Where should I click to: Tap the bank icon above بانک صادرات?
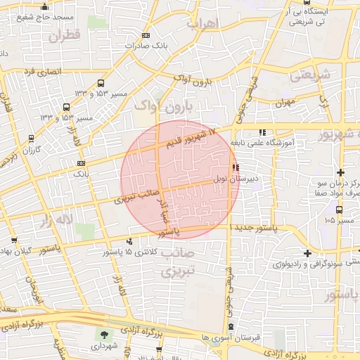tap(146, 35)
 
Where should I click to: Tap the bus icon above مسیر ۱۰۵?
tap(340, 210)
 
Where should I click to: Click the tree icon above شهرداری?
tap(105, 335)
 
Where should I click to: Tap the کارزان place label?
tap(31, 150)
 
